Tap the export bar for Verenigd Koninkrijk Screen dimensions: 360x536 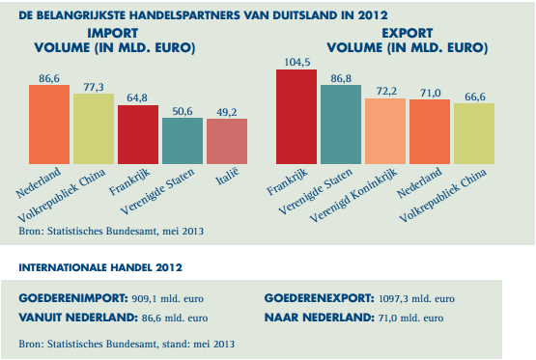tap(385, 130)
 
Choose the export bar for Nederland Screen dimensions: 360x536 tap(430, 131)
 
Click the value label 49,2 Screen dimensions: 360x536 tap(227, 111)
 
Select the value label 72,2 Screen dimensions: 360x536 tap(385, 91)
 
